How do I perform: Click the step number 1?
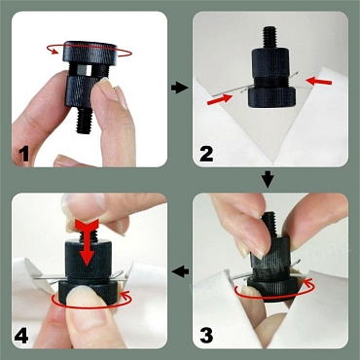24,155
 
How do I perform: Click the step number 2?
206,154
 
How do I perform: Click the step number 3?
206,336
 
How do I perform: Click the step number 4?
21,336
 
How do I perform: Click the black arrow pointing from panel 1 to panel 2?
180,88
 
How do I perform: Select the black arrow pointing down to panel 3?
268,180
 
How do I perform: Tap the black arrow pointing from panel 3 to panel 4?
180,271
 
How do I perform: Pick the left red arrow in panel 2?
220,99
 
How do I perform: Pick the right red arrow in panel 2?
319,81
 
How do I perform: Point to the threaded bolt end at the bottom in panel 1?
85,121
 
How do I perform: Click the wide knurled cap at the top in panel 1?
90,52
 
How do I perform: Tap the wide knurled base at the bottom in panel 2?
271,97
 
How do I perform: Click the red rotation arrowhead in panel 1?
51,50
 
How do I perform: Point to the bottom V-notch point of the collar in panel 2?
271,163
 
